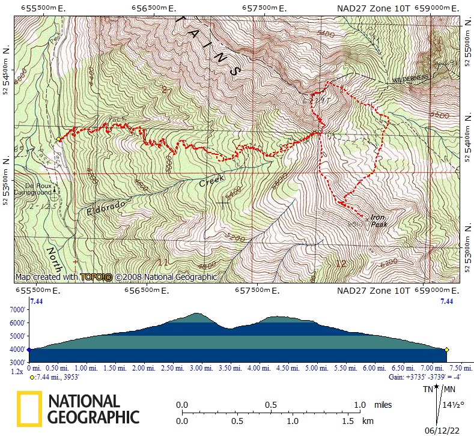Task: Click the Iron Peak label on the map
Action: (378, 221)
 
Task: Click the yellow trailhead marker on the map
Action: (58, 139)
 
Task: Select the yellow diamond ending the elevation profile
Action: (447, 350)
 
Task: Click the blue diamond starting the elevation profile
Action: (28, 350)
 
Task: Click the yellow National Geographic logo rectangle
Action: (29, 408)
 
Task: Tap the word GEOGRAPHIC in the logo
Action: (93, 417)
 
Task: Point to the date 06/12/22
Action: (442, 430)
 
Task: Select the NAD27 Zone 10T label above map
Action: (373, 8)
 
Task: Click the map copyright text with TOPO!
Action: (116, 277)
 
